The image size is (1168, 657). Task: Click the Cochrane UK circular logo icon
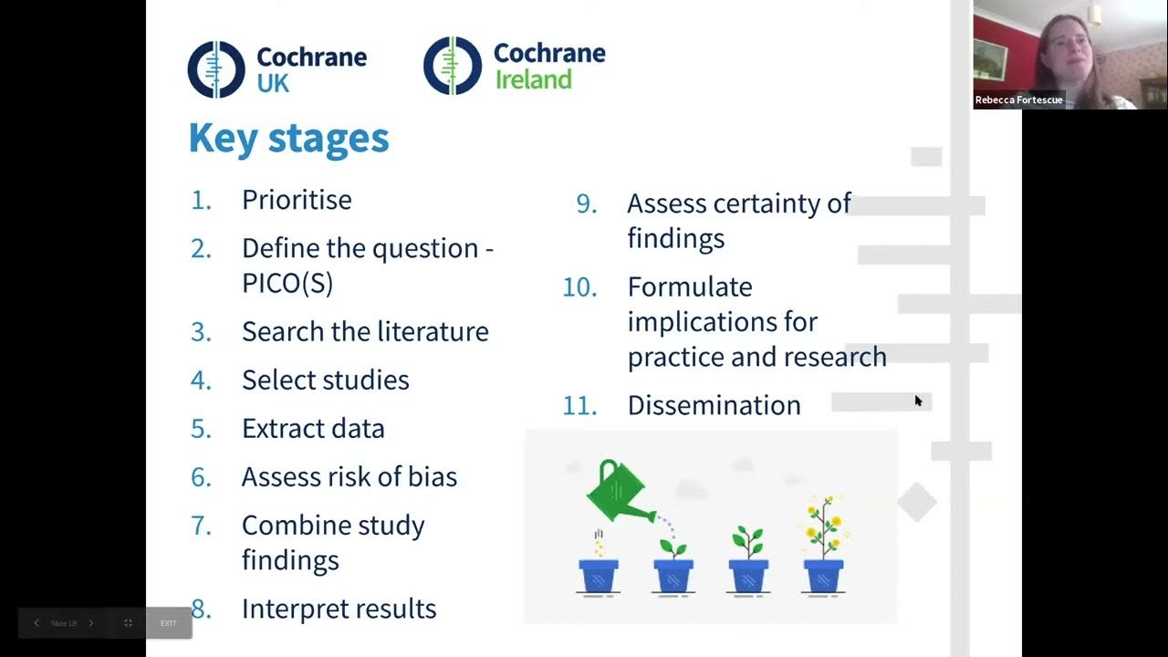coord(216,69)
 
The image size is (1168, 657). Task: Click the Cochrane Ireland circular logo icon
coord(452,66)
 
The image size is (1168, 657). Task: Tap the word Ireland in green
coord(533,79)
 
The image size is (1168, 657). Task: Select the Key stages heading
coord(288,138)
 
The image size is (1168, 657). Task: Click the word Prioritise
coord(297,200)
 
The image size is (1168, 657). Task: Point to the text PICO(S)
coord(287,283)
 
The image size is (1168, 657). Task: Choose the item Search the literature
coord(365,331)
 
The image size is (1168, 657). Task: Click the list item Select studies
coord(325,380)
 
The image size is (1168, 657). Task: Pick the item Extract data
coord(313,428)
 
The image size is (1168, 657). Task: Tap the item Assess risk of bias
coord(349,476)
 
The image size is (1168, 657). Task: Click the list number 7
coord(202,526)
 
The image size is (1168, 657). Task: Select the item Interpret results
coord(339,609)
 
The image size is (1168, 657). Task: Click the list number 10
coord(579,287)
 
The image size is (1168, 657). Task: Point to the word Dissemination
coord(714,405)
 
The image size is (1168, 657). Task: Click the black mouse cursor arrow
coord(918,401)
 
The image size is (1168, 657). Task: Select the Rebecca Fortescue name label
coord(1018,100)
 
